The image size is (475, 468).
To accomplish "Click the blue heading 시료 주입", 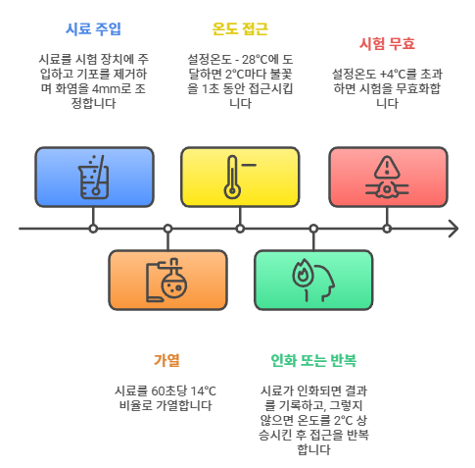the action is coord(93,29).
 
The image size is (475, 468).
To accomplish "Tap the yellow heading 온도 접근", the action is coord(240,29).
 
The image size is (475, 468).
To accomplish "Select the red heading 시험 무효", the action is coord(387,44).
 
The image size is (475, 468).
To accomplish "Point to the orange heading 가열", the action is coord(166,360).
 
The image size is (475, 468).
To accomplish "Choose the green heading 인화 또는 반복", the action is coord(313,360).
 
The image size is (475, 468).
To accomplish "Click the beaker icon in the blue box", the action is coord(94,177).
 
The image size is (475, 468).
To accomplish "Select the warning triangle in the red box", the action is coord(387,167).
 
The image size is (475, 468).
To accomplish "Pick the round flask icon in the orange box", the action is coord(174,283).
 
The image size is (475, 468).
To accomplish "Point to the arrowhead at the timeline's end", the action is coord(453,229).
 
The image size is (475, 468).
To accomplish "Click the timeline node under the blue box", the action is coord(93,229).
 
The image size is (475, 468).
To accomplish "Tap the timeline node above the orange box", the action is coord(167,229).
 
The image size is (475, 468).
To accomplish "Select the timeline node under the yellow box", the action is coord(240,229).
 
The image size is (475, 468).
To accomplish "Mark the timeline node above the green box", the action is coord(313,229).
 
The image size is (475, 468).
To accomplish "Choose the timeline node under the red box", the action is coord(387,229).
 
